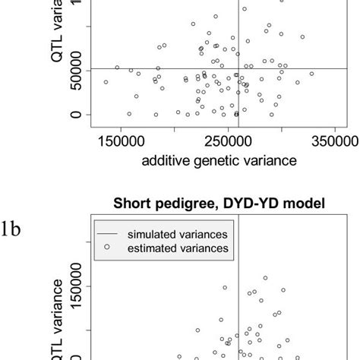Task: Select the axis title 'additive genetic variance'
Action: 214,161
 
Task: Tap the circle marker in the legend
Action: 106,247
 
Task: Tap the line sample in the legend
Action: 106,235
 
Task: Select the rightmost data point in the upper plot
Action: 311,74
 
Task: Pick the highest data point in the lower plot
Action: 265,278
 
